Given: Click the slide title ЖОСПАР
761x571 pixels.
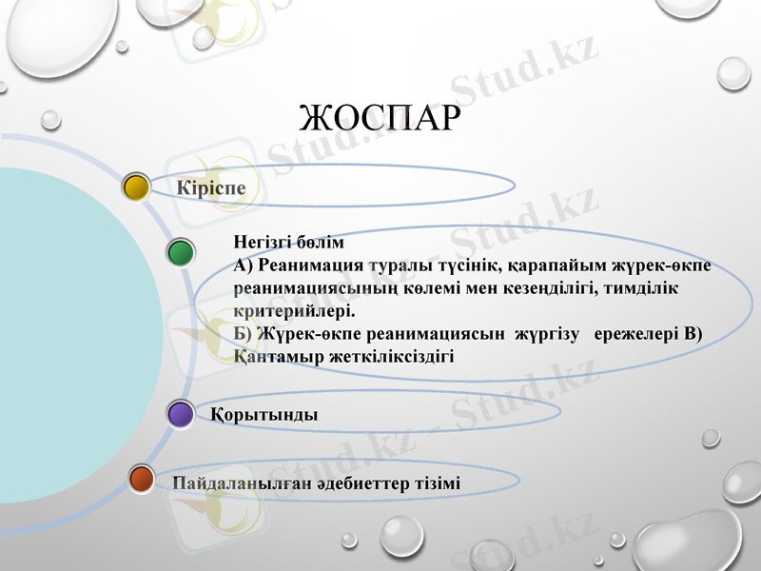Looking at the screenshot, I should click(x=380, y=120).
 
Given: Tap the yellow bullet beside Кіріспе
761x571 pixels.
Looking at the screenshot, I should click(x=137, y=187).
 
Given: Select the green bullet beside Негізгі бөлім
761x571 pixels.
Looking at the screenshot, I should click(x=181, y=253).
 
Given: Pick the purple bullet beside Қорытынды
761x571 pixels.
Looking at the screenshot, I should click(x=181, y=414).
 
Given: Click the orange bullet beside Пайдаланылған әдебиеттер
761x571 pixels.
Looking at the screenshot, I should click(x=142, y=480).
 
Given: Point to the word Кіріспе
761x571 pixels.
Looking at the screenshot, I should click(x=211, y=187).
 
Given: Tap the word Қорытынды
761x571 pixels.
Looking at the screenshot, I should click(x=264, y=415).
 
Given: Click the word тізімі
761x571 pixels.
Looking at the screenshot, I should click(x=439, y=483).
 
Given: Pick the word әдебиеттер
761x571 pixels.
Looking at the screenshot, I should click(x=361, y=483).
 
